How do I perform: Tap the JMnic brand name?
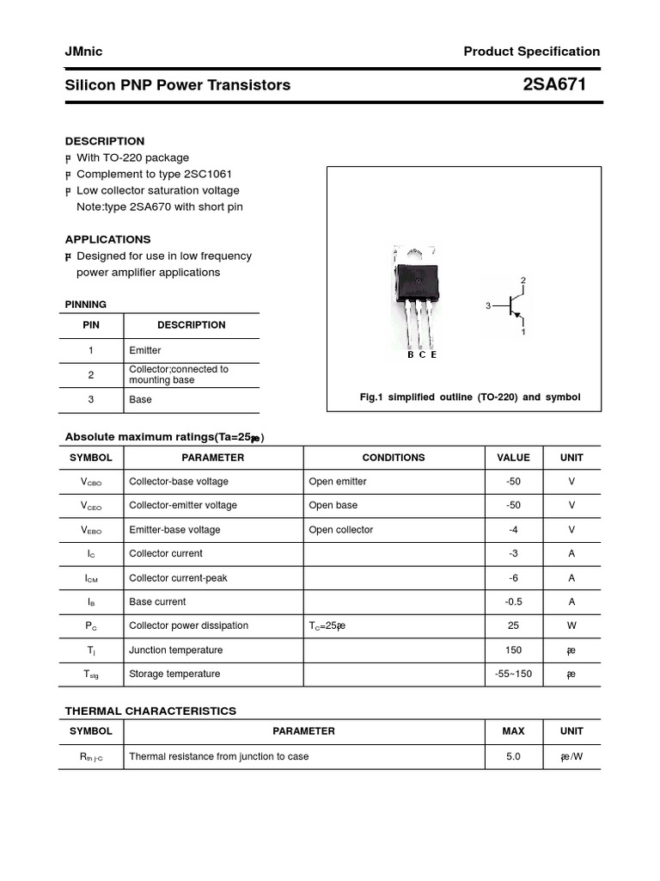coord(83,52)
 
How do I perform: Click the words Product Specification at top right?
coord(531,52)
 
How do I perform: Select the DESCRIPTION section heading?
coord(105,141)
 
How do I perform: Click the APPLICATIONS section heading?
coord(107,239)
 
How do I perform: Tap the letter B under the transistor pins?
coord(411,355)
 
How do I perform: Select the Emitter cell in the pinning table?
coord(145,351)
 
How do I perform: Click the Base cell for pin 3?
coord(140,400)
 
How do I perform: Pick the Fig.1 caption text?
coord(469,397)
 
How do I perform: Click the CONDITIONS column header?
coord(393,458)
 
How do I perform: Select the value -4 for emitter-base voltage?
coord(513,530)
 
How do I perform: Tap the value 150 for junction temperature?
coord(513,650)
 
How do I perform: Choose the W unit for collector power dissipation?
coord(571,626)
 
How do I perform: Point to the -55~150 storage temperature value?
coord(513,675)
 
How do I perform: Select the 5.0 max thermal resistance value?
coord(513,757)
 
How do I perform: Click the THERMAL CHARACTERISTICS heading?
coord(150,711)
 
